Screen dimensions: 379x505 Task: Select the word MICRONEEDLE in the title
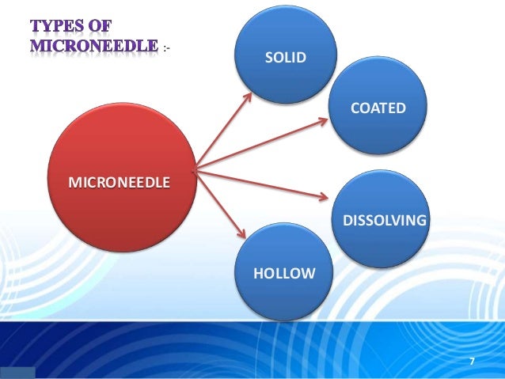click(93, 45)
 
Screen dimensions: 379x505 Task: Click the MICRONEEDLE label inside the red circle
click(119, 183)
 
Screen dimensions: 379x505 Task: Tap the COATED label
click(378, 107)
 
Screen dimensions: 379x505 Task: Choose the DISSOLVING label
click(384, 218)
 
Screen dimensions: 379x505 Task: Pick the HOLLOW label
click(283, 273)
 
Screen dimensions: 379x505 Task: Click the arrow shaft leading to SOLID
click(223, 130)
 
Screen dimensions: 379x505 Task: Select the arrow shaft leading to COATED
click(261, 143)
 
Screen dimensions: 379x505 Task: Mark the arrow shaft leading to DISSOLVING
click(261, 182)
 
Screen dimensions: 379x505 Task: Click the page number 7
click(472, 362)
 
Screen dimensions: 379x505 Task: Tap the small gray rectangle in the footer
click(17, 373)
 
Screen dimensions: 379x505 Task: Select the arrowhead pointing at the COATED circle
click(325, 121)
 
